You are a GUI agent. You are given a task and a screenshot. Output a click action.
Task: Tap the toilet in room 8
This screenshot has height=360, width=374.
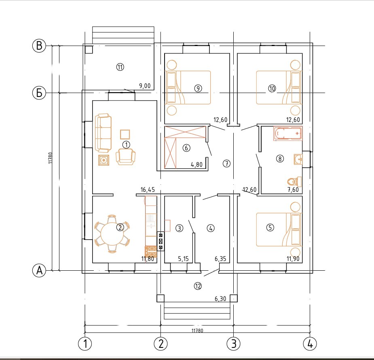point(294,182)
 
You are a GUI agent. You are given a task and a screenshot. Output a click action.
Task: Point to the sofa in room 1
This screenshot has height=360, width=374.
point(103,133)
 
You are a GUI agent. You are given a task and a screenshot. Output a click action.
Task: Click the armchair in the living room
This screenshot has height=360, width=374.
point(125,156)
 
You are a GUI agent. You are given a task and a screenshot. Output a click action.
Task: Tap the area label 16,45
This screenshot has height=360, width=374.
point(148,190)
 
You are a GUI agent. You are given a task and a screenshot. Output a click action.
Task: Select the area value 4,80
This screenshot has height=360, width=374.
point(197,164)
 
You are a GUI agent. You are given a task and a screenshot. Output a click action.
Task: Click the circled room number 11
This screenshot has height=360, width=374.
point(120,67)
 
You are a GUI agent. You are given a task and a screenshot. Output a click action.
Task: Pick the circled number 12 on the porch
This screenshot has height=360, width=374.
point(198,286)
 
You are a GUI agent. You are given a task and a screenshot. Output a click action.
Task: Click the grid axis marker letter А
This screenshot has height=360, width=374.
point(39,271)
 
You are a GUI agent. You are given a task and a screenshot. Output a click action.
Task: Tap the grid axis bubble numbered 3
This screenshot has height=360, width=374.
point(234,344)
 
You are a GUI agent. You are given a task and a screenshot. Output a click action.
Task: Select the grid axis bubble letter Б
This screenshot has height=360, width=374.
point(39,93)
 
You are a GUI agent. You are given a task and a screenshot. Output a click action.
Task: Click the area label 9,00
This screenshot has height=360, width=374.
point(145,86)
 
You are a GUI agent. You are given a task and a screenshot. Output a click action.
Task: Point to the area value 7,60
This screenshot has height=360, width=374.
point(293,190)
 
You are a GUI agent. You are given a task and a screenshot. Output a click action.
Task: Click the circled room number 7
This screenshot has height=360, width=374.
point(226,164)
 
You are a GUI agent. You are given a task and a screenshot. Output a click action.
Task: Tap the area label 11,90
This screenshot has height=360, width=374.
point(293,259)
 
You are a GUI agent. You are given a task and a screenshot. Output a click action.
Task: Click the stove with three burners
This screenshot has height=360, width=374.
point(161,241)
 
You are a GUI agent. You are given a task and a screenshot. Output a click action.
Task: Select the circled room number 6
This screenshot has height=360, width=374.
point(186,148)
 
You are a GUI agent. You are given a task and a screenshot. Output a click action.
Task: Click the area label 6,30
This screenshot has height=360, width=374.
point(220,299)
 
